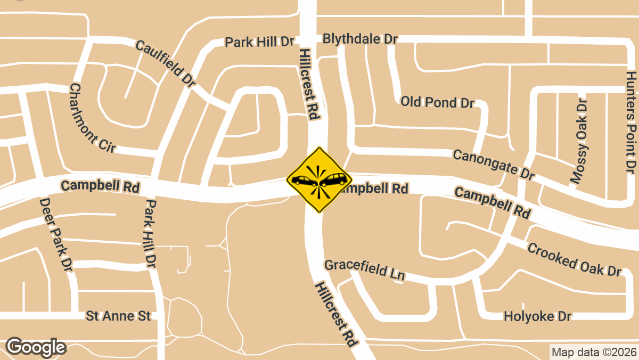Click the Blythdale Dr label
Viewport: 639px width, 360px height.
(361, 39)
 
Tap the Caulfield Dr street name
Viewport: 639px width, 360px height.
(166, 63)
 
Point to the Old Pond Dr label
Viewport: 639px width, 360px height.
(437, 102)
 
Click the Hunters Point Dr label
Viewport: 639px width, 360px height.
(631, 122)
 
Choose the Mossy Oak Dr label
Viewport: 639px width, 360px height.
(580, 141)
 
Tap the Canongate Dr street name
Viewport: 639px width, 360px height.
(493, 165)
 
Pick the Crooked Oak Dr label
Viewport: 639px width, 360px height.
(575, 259)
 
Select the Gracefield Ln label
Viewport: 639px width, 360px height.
(365, 270)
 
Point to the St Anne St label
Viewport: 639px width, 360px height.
(118, 316)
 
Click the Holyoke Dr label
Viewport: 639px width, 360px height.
(537, 317)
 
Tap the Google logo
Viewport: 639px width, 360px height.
(36, 347)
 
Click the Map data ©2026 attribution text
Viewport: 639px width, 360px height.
(594, 352)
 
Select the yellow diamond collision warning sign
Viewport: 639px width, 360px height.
(319, 180)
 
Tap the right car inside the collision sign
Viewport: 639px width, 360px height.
(334, 179)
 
